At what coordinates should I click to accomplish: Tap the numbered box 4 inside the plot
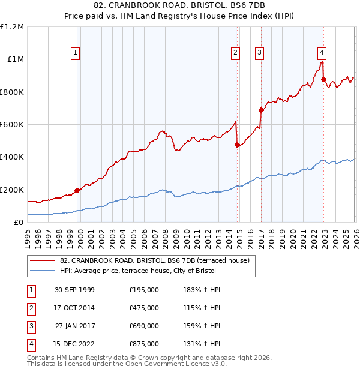(322, 51)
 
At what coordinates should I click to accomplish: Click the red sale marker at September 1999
(77, 191)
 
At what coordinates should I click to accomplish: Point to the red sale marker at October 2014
(237, 145)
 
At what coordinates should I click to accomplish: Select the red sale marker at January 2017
(261, 110)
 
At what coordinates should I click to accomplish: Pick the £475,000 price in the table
(144, 308)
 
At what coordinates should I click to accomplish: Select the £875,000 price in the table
(144, 344)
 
